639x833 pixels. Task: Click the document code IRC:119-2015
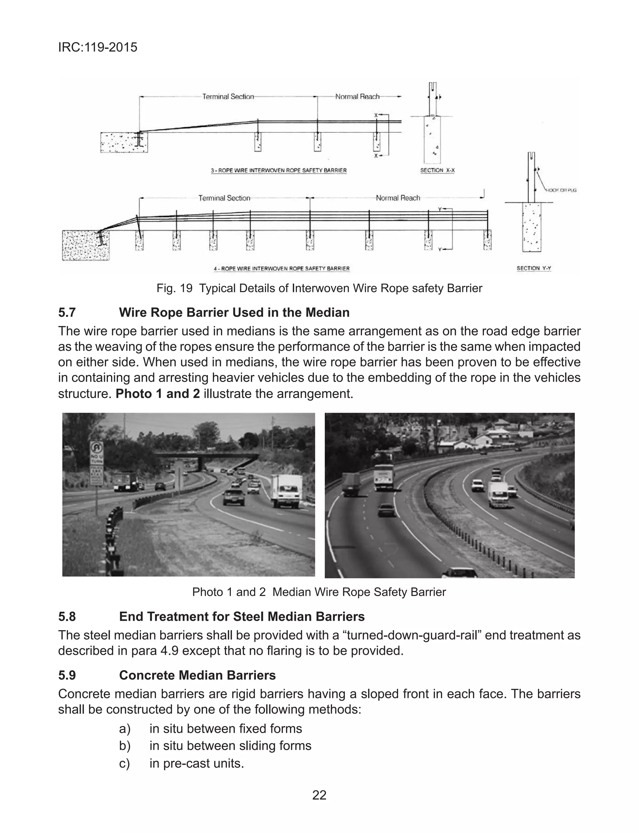pos(98,47)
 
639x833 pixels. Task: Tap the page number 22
pos(319,795)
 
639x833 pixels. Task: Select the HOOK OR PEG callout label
pos(561,190)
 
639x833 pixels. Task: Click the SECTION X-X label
pos(437,170)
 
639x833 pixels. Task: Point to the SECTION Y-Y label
pos(534,268)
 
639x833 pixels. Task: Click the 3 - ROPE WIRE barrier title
pos(279,170)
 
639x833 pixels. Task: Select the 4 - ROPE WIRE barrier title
pos(281,268)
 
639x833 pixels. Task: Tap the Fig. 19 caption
pos(319,288)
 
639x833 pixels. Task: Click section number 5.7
pos(67,313)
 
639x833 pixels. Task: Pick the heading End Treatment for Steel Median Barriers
pos(241,617)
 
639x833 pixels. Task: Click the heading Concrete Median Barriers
pos(198,675)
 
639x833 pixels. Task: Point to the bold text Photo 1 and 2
pos(158,394)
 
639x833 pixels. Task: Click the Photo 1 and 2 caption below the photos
pos(319,592)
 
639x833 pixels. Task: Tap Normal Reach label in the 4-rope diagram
pos(398,198)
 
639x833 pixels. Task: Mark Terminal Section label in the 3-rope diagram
pos(228,97)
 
